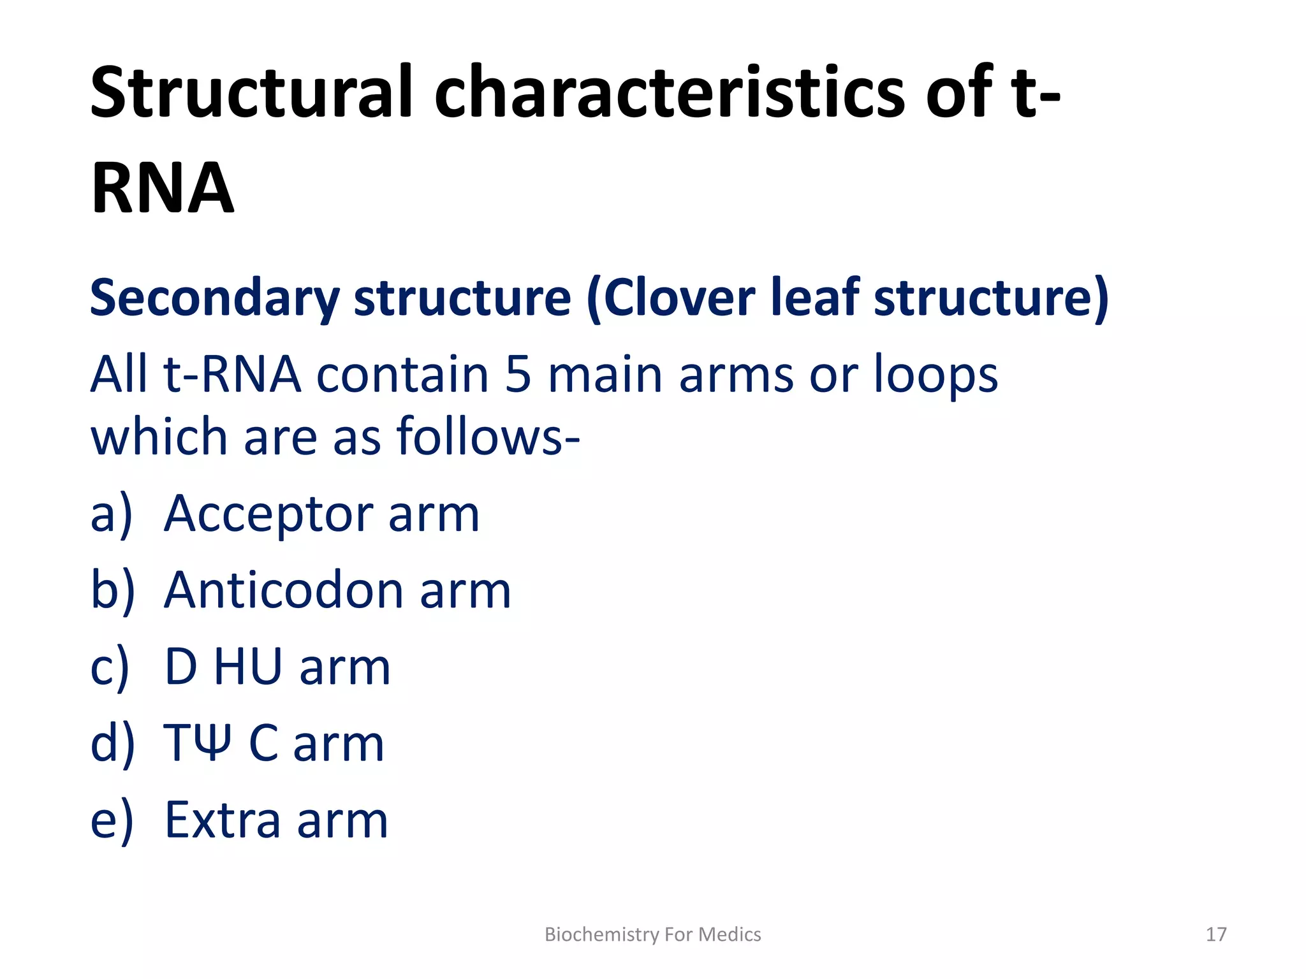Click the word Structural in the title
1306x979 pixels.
coord(252,92)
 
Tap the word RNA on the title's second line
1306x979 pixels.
coord(163,188)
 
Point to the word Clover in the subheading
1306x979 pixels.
coord(679,297)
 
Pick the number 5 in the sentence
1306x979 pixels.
coord(518,375)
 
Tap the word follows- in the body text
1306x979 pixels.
coord(488,437)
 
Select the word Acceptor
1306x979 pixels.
coord(268,514)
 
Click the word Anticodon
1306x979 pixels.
coord(284,590)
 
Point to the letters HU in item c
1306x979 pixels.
coord(247,667)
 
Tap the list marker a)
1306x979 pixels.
coord(112,515)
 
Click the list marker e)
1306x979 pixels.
coord(112,821)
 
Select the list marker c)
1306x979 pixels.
coord(110,668)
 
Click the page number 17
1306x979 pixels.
coord(1215,934)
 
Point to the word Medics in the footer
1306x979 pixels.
coord(730,934)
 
